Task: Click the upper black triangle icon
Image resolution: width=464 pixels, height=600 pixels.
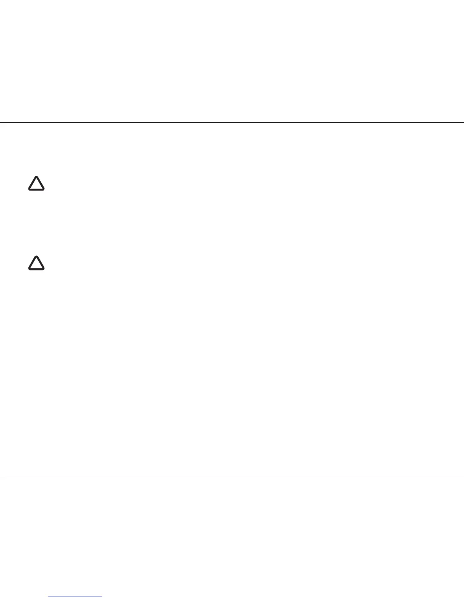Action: pyautogui.click(x=36, y=184)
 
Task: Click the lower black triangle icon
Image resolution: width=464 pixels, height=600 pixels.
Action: pyautogui.click(x=36, y=264)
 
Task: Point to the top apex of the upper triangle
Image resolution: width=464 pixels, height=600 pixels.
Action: pyautogui.click(x=36, y=177)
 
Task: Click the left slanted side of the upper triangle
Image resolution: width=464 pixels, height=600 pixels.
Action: pyautogui.click(x=33, y=183)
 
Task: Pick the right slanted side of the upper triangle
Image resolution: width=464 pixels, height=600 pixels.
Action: pyautogui.click(x=40, y=183)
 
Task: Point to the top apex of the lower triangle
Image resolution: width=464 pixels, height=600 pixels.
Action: pyautogui.click(x=36, y=257)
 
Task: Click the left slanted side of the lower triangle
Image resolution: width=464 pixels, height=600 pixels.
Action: pyautogui.click(x=33, y=262)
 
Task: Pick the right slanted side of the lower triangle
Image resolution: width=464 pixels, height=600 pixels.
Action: pyautogui.click(x=40, y=262)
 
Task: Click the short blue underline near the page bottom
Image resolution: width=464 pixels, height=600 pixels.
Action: pyautogui.click(x=75, y=597)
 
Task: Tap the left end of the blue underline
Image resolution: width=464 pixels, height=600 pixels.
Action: pyautogui.click(x=49, y=597)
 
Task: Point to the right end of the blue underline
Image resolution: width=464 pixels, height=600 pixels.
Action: pyautogui.click(x=102, y=597)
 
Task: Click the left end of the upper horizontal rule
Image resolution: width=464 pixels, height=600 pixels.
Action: pyautogui.click(x=1, y=122)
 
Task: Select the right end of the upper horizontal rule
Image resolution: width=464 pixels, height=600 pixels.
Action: pyautogui.click(x=463, y=122)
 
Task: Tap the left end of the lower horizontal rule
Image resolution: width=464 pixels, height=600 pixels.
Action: pyautogui.click(x=1, y=477)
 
